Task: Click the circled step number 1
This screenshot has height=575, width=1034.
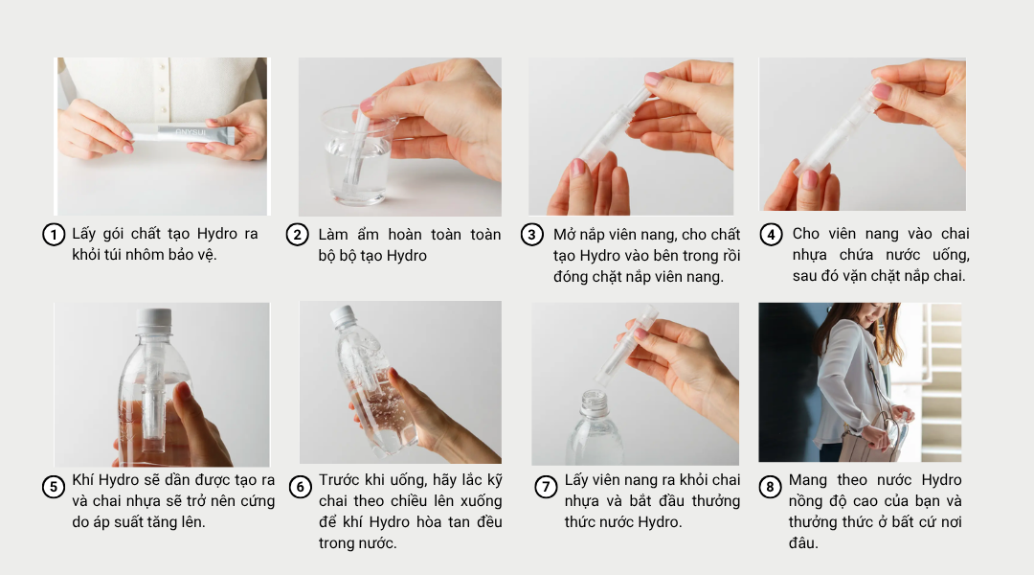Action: coord(54,235)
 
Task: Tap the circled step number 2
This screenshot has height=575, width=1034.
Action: coord(299,235)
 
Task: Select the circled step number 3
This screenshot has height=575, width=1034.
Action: coord(532,235)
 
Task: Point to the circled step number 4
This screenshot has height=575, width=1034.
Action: coord(772,235)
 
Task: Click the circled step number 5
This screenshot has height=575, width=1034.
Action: coord(54,487)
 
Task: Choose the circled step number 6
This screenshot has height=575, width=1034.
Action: coord(300,487)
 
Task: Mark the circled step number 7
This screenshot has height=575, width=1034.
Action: coord(546,487)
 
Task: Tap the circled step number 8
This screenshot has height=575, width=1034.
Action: coord(770,487)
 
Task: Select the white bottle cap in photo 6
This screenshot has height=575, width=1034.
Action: coord(342,315)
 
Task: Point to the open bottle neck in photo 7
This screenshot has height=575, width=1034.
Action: coord(594,401)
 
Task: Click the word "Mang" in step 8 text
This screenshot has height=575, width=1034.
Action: coord(808,480)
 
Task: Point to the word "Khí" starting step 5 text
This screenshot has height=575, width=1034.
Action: coord(83,480)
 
